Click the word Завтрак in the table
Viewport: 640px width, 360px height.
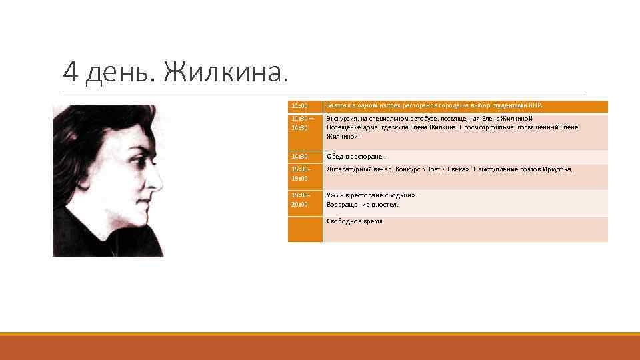coord(339,105)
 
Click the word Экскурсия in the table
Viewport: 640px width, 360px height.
coord(341,119)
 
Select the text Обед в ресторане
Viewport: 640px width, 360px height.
coord(355,157)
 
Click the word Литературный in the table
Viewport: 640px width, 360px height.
coord(349,169)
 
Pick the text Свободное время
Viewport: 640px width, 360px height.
coord(355,221)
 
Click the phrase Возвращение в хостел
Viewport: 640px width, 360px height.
coord(362,205)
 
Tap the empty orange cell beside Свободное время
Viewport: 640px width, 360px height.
coord(305,229)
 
